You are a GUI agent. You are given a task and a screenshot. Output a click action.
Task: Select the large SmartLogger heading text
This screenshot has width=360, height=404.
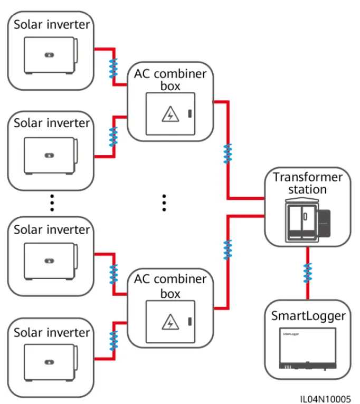coord(308,316)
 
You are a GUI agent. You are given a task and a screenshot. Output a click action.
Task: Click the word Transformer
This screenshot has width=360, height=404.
coord(308,177)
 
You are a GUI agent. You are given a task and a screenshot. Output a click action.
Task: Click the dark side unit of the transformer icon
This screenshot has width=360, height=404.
coord(323,224)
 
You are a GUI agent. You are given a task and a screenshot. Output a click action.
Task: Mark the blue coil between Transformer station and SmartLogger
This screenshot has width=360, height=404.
coord(307,273)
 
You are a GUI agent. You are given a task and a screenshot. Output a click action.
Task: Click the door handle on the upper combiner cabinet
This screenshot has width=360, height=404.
coord(191,113)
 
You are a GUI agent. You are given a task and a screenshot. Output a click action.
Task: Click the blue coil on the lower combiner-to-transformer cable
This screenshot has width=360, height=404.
coord(228,249)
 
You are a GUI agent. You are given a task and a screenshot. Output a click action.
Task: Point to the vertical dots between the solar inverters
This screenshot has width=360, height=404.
coord(52,202)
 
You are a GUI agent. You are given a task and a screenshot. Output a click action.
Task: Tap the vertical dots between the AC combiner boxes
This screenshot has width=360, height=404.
coord(164,202)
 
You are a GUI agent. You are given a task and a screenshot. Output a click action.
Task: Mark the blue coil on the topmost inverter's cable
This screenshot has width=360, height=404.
coord(112,68)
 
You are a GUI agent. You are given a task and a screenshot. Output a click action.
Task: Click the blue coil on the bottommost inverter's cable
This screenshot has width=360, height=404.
coord(112,341)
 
